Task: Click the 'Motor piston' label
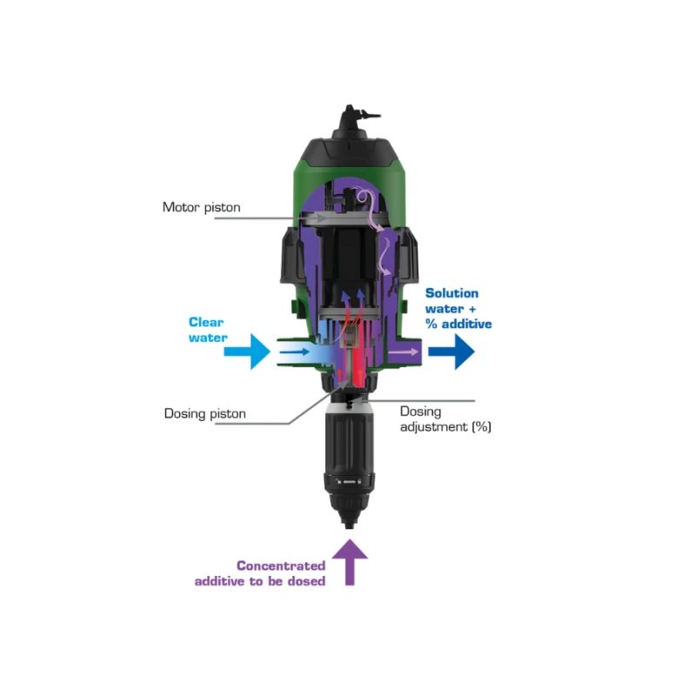[x=201, y=207]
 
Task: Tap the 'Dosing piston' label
[x=204, y=413]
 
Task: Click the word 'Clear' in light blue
[x=207, y=322]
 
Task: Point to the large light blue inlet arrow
[x=247, y=352]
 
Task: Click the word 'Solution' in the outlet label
[x=452, y=294]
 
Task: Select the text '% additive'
[x=458, y=325]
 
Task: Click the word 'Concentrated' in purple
[x=281, y=565]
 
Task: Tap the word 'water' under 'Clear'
[x=208, y=338]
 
